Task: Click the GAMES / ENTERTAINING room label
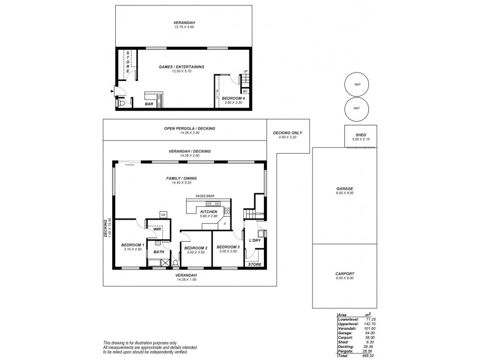181,67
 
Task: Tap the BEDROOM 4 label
233,98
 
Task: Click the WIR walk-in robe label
157,229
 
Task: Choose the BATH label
158,252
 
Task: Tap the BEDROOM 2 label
196,248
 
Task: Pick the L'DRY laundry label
254,239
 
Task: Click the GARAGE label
344,188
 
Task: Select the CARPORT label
344,274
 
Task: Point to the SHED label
361,135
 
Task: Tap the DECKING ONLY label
288,133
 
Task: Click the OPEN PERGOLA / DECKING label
189,128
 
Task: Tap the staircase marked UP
245,79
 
